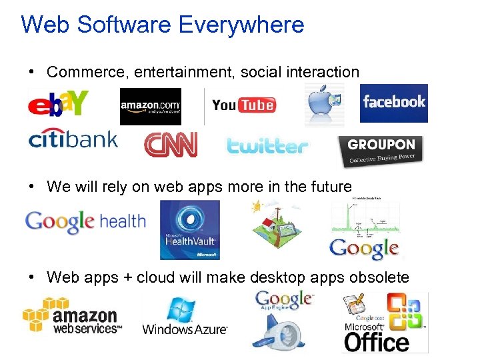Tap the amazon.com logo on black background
150,106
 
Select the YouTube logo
243,105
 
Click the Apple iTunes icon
324,105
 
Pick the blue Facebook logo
393,103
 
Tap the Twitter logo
267,145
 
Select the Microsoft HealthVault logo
189,230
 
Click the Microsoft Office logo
385,322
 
